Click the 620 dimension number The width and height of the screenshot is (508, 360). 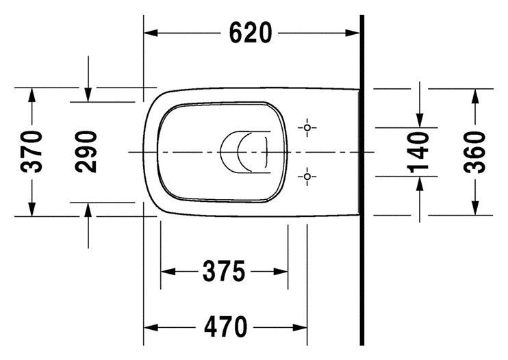(x=250, y=33)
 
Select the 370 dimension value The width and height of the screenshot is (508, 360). (x=31, y=151)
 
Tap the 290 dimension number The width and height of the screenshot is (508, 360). (x=86, y=151)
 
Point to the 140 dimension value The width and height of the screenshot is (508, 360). (x=418, y=152)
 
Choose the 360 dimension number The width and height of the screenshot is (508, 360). (x=474, y=152)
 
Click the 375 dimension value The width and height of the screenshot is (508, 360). (x=224, y=271)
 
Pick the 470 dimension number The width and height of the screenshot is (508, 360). (x=225, y=327)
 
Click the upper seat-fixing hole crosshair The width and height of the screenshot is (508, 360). (x=307, y=127)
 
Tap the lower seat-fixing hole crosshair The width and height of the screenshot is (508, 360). (x=307, y=177)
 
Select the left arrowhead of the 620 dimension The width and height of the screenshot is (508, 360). (x=151, y=33)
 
